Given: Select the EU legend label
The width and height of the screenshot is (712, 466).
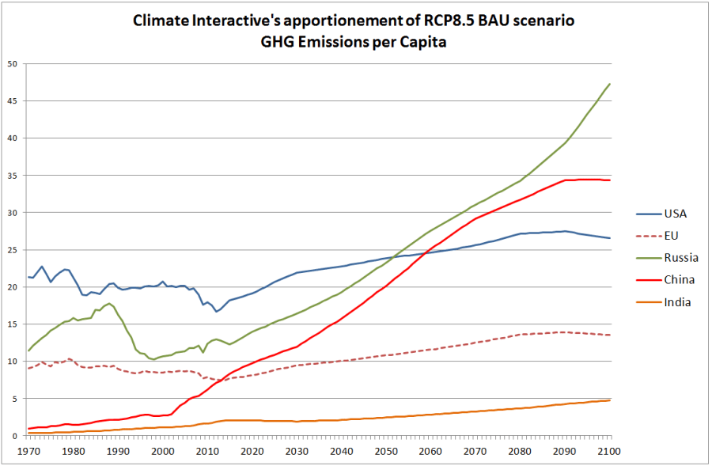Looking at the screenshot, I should click(x=672, y=235).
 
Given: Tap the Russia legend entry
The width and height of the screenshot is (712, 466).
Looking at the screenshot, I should click(x=681, y=257).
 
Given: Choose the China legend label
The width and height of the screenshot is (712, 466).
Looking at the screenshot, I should click(x=680, y=279).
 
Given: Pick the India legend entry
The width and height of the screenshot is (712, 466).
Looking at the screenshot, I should click(x=678, y=301).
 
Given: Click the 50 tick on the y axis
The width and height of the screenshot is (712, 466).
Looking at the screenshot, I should click(x=10, y=64).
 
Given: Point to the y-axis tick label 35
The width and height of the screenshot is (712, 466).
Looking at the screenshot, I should click(x=10, y=176).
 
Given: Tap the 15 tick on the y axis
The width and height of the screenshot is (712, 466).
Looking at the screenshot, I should click(x=10, y=324).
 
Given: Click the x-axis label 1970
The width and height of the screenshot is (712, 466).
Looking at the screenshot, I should click(x=28, y=451).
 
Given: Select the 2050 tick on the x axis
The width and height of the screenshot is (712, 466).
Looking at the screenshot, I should click(x=386, y=451).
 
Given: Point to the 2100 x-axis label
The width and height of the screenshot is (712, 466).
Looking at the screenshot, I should click(x=609, y=451).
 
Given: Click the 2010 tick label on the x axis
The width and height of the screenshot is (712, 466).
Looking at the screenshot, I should click(x=207, y=451).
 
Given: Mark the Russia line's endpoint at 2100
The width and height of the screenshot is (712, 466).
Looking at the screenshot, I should click(x=609, y=84).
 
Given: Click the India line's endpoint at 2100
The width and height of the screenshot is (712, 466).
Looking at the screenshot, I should click(x=609, y=400).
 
